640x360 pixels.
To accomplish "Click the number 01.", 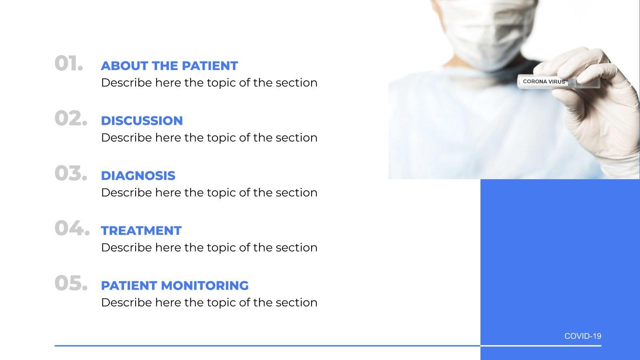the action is (69, 63).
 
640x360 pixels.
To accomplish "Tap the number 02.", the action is (71, 118).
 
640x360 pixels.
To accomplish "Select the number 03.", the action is (71, 173).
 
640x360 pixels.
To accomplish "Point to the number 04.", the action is (72, 228).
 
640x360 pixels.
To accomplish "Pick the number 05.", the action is (71, 283).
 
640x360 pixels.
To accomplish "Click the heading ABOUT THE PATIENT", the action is (170, 66).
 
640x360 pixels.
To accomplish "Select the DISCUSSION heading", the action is (142, 120).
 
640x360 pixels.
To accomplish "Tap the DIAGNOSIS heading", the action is (138, 176).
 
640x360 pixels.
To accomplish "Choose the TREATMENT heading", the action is (142, 230).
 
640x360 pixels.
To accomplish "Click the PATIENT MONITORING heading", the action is (175, 286).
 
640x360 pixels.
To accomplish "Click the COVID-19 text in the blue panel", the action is (583, 336).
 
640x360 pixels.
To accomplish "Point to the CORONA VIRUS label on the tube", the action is (544, 82).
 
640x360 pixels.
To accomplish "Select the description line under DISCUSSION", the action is (209, 138).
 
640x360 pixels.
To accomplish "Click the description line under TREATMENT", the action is (209, 248).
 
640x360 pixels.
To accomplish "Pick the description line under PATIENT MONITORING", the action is (209, 302).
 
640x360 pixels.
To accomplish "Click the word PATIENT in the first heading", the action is (210, 66).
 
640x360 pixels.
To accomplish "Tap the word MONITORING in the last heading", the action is (205, 286).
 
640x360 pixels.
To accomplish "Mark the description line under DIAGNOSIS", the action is (209, 192).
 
